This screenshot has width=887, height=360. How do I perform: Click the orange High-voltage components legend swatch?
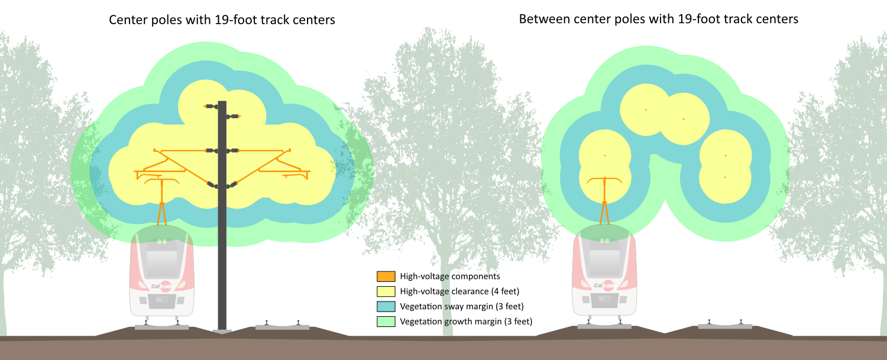[386, 276]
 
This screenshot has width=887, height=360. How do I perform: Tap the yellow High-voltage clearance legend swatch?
[386, 291]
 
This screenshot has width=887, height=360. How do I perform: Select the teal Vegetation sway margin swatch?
[386, 306]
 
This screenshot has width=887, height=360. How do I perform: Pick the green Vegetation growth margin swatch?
[386, 322]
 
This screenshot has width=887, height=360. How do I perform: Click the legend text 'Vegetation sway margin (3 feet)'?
[462, 306]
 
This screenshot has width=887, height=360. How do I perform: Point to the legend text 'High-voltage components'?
[450, 276]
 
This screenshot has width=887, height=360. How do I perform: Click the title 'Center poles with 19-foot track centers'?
[222, 20]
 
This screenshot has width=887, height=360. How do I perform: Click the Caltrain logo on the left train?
[162, 286]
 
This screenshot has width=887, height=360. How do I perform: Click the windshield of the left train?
[162, 260]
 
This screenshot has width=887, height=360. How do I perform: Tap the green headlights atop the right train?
[604, 241]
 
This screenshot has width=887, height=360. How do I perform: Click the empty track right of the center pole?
[283, 326]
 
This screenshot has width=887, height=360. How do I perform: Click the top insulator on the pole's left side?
[211, 106]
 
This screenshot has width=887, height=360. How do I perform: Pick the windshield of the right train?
[604, 260]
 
